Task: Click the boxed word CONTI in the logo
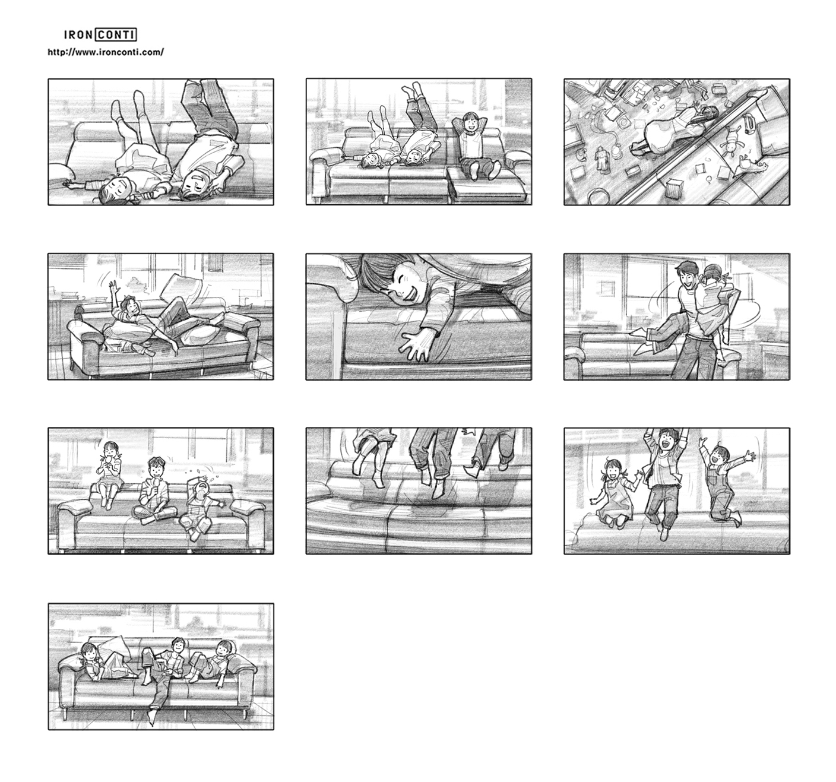point(116,34)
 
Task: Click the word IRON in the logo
point(78,34)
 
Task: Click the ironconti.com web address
point(106,52)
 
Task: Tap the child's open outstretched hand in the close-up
point(416,345)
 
